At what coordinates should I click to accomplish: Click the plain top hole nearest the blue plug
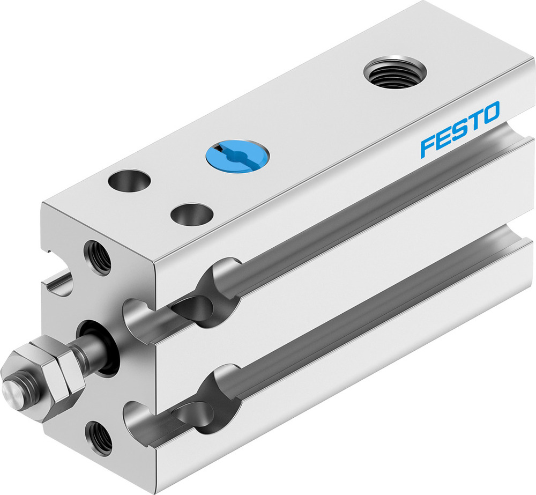pos(190,214)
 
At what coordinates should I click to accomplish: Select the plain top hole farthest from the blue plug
pos(129,181)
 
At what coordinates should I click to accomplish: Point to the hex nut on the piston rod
pos(48,372)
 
